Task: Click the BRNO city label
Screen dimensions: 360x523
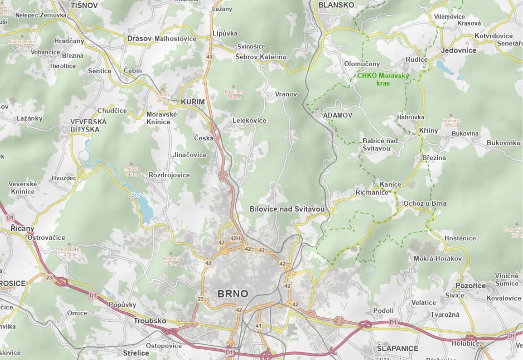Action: coord(232,294)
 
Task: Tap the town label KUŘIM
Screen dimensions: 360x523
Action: coord(193,102)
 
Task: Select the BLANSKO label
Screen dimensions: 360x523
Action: coord(336,5)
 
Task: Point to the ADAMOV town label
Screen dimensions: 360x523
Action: coord(338,115)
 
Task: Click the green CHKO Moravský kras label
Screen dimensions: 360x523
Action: coord(383,79)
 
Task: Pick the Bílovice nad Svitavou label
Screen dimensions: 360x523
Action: coord(287,209)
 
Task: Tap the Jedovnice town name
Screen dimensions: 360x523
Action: coord(459,50)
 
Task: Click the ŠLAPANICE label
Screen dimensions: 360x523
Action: coord(397,348)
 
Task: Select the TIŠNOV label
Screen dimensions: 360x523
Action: coord(84,5)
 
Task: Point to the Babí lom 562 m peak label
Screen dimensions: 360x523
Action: coord(234,94)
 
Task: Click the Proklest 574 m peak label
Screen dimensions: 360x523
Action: coord(451,123)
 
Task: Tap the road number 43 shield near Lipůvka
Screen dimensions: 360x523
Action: coord(209,57)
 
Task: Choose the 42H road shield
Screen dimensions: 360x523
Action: coord(235,238)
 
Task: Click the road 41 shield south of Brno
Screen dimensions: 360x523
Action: coord(258,325)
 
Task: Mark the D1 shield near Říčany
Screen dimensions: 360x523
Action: coord(10,218)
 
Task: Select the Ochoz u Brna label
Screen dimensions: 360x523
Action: coord(425,203)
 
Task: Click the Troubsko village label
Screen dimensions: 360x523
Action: coord(149,321)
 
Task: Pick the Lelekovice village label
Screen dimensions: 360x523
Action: coord(249,121)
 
